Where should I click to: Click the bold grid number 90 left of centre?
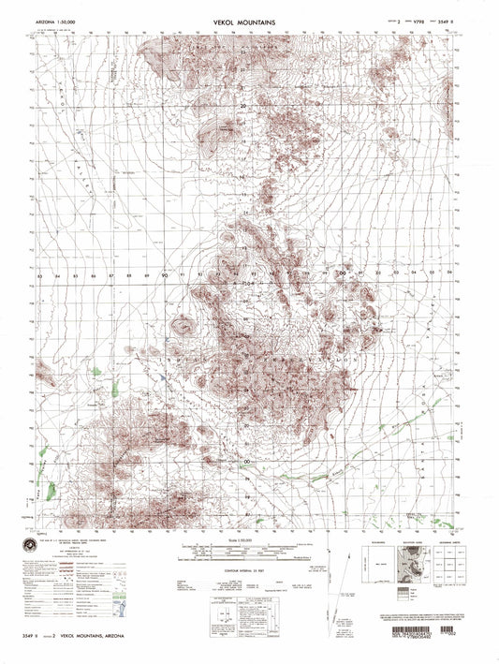pyautogui.click(x=163, y=276)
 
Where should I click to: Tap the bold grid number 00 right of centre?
pyautogui.click(x=342, y=273)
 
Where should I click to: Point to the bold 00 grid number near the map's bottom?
pyautogui.click(x=247, y=462)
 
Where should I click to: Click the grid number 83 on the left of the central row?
pyautogui.click(x=40, y=277)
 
